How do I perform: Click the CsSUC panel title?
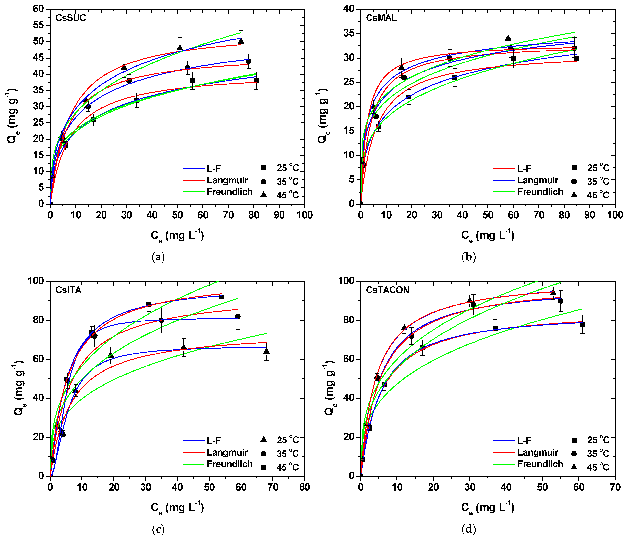pyautogui.click(x=70, y=18)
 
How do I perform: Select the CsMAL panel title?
pyautogui.click(x=381, y=18)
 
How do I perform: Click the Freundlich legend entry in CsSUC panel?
pyautogui.click(x=229, y=192)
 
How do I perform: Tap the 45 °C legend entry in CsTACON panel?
pyautogui.click(x=598, y=467)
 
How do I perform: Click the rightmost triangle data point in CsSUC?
pyautogui.click(x=241, y=41)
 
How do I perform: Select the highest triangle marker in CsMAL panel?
pyautogui.click(x=508, y=38)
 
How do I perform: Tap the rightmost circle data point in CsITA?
pyautogui.click(x=238, y=316)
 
